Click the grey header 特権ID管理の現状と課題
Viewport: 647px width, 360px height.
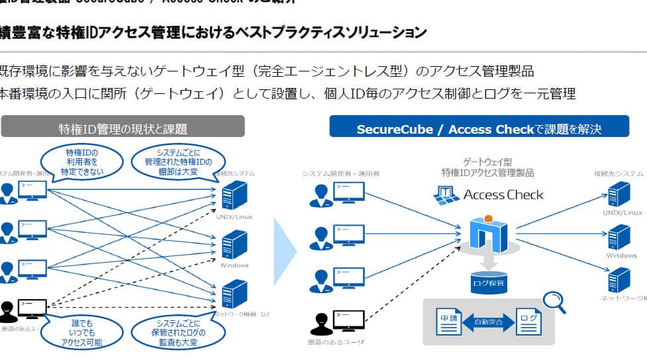pos(123,128)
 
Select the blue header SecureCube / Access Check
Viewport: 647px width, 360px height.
pos(479,128)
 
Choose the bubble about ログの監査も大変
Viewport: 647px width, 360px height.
pos(177,332)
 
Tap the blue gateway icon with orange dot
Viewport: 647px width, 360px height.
pos(487,232)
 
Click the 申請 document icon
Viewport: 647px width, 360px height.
pos(449,322)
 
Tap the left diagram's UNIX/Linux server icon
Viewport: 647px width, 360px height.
pos(234,195)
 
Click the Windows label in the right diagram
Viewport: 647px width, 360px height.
pos(621,255)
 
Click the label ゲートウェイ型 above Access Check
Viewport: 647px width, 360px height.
pos(487,161)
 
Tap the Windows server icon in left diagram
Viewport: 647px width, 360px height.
pos(234,245)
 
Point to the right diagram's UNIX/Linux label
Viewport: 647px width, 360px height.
pos(622,212)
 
